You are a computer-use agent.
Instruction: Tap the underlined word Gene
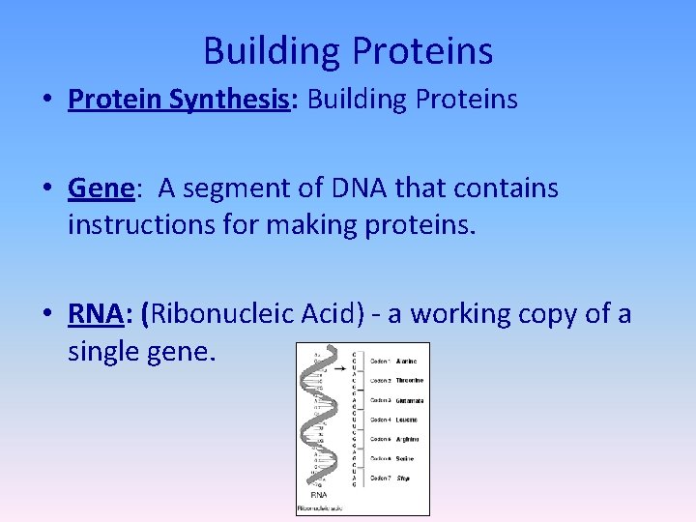click(100, 188)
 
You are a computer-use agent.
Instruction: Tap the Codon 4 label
click(380, 420)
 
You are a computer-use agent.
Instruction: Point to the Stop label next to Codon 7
click(403, 478)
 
